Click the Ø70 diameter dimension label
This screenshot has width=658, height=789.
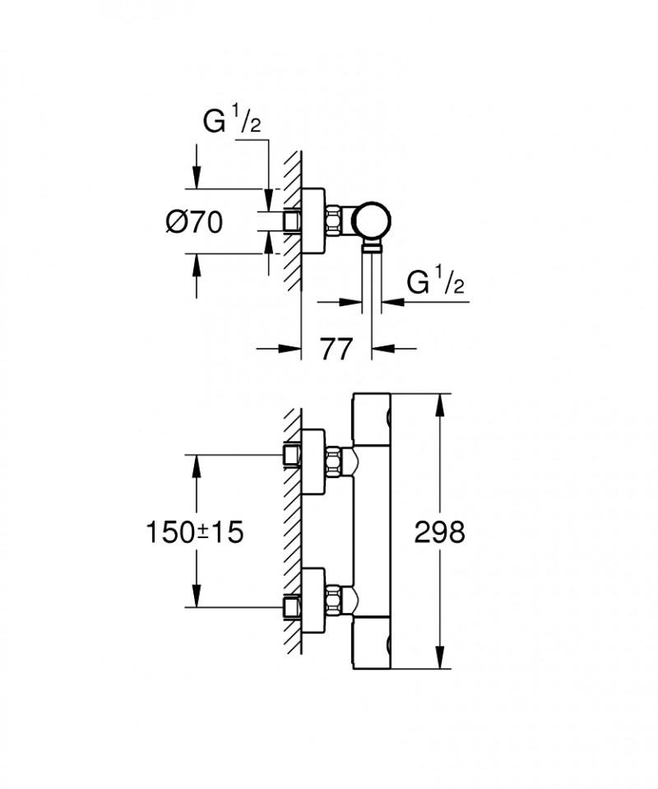(x=194, y=222)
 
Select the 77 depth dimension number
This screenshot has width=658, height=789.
(x=336, y=349)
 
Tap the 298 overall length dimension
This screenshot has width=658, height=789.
(x=440, y=531)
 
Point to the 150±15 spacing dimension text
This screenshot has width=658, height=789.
(x=194, y=531)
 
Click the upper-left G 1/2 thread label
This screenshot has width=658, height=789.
(x=232, y=121)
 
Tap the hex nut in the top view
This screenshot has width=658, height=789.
(x=334, y=220)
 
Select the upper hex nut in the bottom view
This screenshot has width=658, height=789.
(x=334, y=462)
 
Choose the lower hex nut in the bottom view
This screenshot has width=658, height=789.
(x=334, y=601)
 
